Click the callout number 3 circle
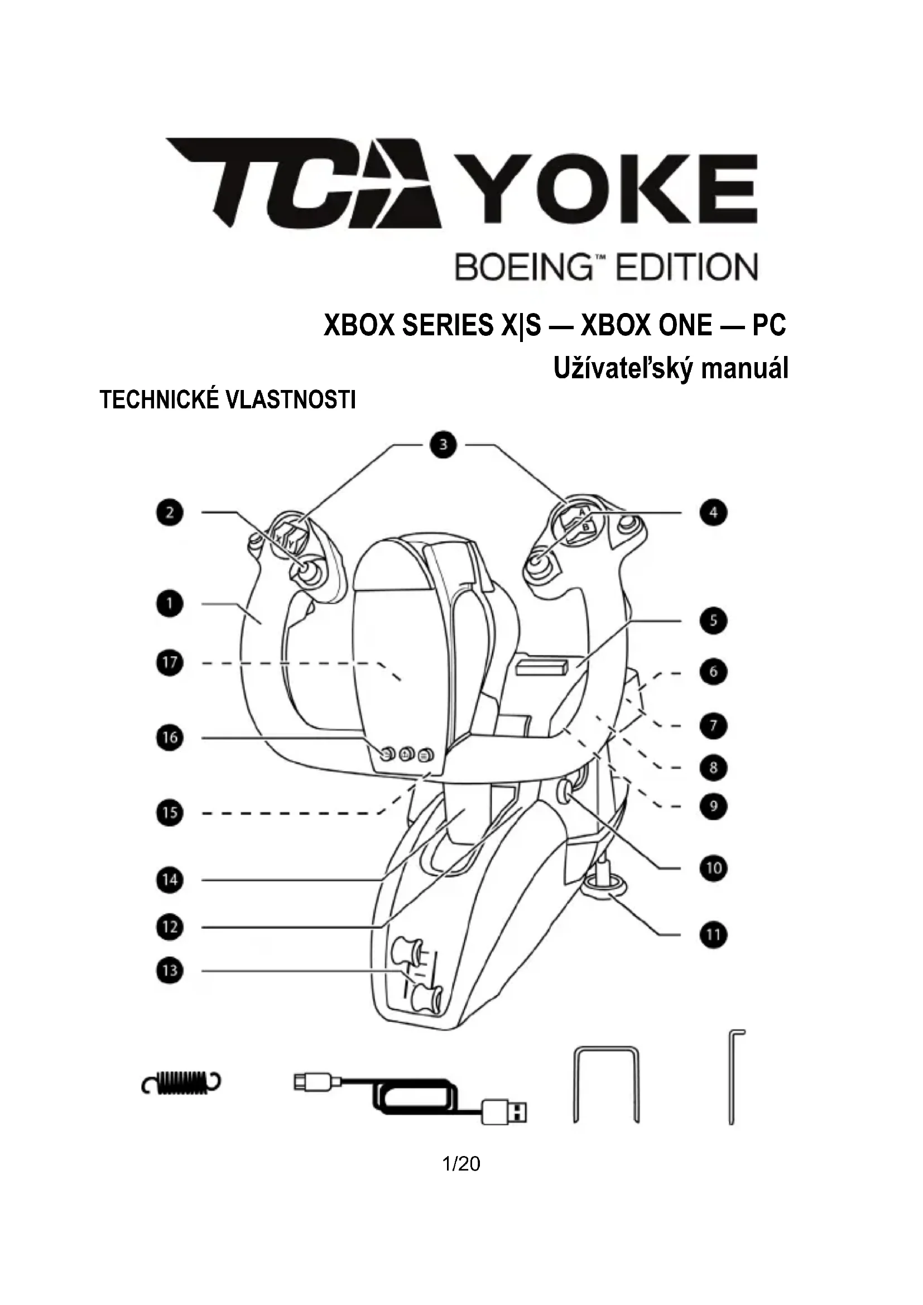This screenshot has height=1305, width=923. click(x=443, y=445)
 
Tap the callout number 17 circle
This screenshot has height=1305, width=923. click(x=170, y=663)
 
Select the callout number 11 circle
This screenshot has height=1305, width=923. click(x=713, y=935)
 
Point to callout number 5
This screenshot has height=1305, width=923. click(x=713, y=620)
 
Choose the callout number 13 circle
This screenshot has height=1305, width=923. click(x=170, y=970)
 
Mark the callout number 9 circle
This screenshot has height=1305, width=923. click(x=713, y=806)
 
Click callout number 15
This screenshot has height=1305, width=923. click(x=170, y=813)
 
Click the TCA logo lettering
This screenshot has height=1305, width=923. click(x=304, y=182)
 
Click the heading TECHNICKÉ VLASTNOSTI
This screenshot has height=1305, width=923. click(x=228, y=400)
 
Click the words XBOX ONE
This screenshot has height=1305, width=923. click(x=647, y=326)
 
